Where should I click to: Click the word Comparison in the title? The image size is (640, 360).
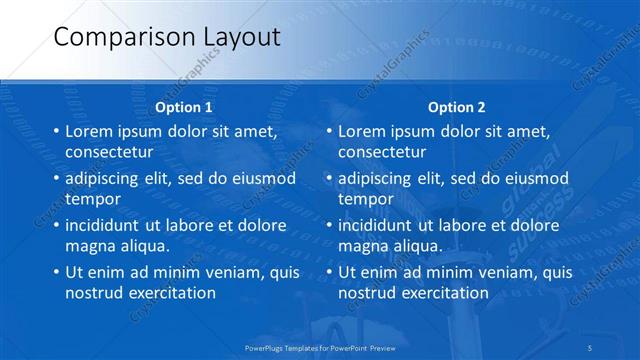110,37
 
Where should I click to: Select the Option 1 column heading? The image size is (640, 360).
184,107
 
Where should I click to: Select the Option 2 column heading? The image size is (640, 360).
456,107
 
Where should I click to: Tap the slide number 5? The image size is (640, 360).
591,347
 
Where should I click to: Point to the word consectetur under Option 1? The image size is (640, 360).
109,153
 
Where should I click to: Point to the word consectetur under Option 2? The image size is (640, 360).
382,153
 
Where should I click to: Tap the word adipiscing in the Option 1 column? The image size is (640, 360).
101,177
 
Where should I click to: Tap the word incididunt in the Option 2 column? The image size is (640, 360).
375,224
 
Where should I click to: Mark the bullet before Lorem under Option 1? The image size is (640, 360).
55,131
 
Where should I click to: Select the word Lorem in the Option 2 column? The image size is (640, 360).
360,131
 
